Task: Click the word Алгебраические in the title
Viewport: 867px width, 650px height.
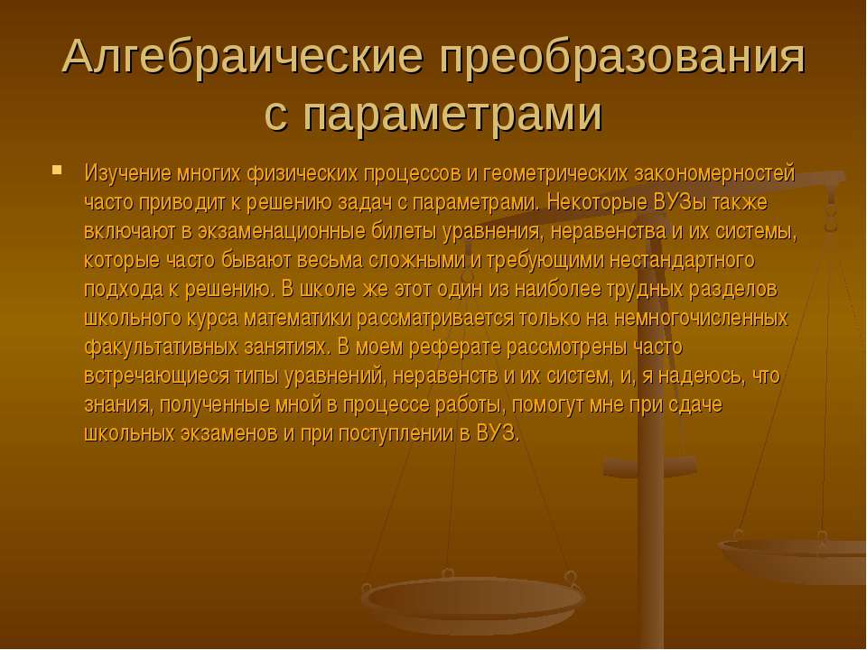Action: [240, 60]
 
